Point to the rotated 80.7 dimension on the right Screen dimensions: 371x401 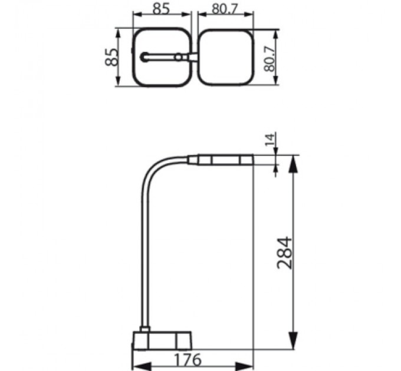click(x=269, y=58)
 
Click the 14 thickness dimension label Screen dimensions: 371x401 click(x=270, y=140)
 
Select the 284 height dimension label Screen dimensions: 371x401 click(x=285, y=252)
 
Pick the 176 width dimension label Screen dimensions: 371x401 click(x=188, y=359)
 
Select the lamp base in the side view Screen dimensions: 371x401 click(x=162, y=340)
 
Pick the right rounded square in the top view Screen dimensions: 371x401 click(x=225, y=58)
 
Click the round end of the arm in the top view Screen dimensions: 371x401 click(x=144, y=57)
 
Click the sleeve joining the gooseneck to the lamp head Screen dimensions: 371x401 click(x=193, y=159)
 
